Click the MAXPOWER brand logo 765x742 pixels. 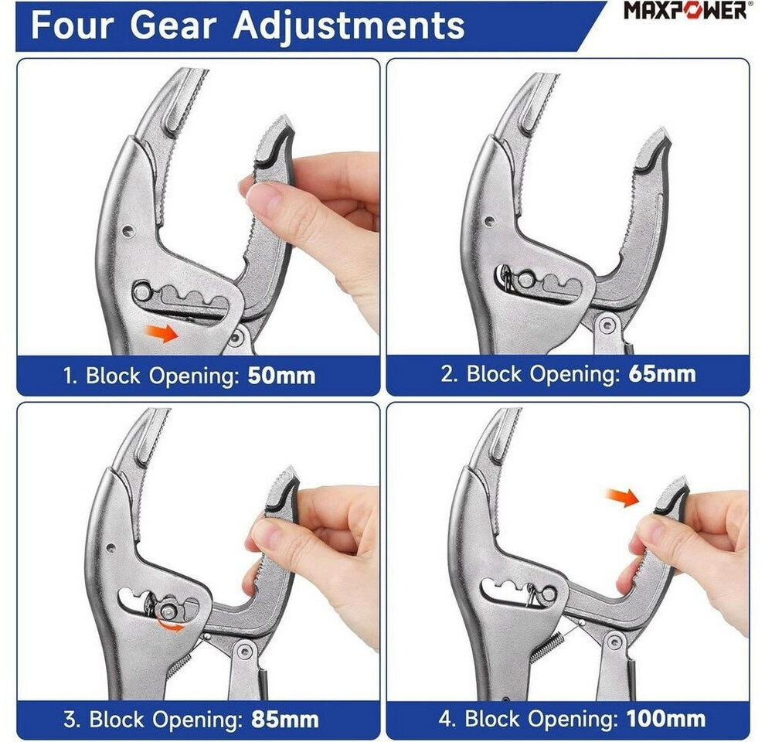(685, 10)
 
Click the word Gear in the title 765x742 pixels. (174, 26)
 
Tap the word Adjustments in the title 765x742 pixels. (348, 26)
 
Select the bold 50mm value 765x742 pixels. (281, 376)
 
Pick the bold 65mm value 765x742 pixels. (662, 374)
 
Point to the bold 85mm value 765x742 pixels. (285, 720)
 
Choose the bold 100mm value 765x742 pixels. (666, 719)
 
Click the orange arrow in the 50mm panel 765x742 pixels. (161, 333)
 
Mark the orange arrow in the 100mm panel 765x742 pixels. (622, 497)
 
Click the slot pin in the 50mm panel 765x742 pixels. (142, 292)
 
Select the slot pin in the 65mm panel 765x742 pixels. (526, 280)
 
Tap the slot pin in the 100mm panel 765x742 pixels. (549, 594)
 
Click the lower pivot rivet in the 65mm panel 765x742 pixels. (607, 325)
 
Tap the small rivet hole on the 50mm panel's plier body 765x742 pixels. (127, 231)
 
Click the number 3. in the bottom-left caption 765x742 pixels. (72, 720)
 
